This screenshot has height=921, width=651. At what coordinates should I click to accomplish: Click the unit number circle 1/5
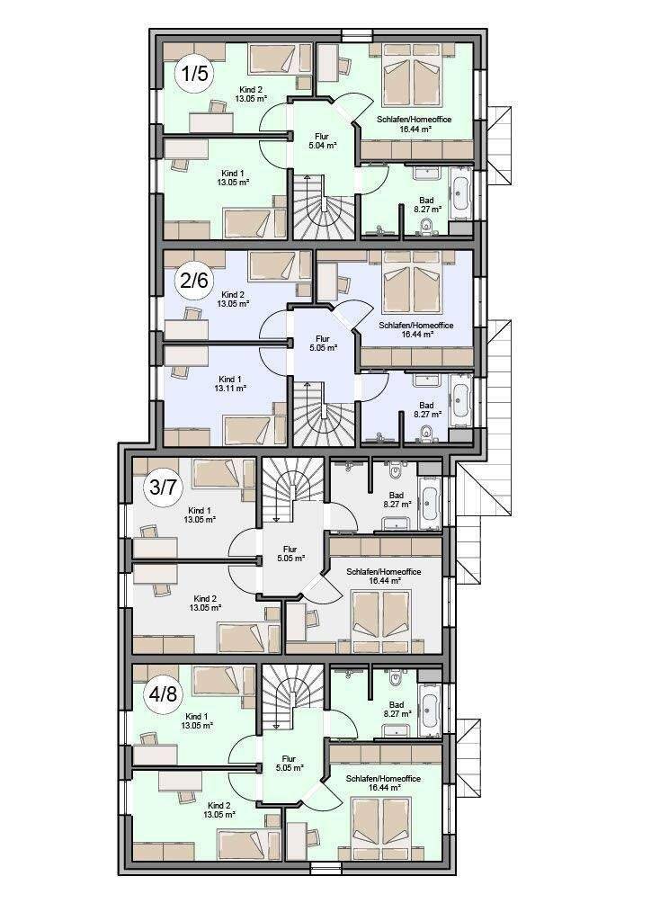193,74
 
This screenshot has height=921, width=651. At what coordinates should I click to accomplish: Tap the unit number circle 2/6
193,281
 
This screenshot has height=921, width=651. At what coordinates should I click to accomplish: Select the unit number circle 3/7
163,487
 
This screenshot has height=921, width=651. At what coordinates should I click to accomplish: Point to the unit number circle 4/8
163,694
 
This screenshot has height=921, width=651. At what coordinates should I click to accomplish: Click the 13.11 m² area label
232,389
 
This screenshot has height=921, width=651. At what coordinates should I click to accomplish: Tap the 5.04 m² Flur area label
322,145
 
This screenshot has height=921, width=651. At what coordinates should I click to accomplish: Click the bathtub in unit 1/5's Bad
459,189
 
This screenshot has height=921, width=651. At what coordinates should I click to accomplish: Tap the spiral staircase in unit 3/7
291,490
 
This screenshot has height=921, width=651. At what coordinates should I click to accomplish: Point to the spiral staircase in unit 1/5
322,207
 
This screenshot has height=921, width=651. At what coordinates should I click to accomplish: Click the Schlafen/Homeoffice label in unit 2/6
415,325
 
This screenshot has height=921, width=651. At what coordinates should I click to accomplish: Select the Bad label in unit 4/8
397,704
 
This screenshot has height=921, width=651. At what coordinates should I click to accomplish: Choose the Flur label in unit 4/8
290,758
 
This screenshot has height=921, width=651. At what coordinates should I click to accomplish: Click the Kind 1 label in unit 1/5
233,174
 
